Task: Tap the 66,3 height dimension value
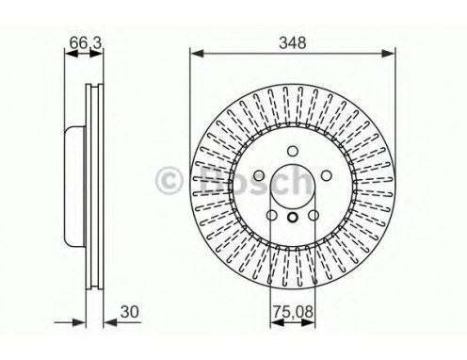pos(80,42)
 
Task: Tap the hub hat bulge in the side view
pos(72,181)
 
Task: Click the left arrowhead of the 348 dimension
pos(196,55)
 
